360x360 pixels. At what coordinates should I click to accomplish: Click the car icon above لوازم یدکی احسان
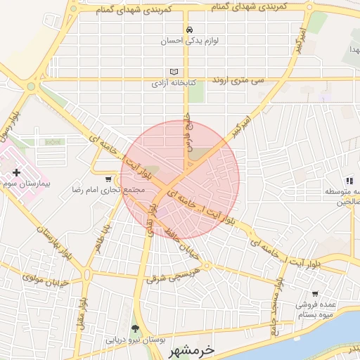189,30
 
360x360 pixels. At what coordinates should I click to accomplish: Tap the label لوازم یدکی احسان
189,41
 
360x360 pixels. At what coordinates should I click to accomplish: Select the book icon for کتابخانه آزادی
174,72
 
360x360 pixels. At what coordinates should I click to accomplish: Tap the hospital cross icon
17,172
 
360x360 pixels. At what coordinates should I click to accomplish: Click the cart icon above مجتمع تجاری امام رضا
108,179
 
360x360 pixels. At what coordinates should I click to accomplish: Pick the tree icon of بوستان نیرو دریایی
135,329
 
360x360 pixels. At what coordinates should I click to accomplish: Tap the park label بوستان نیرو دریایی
135,340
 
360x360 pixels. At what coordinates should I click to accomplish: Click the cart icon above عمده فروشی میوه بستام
315,295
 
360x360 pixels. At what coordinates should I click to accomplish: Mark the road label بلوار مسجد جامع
274,310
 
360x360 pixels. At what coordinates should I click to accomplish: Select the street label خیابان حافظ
183,245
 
